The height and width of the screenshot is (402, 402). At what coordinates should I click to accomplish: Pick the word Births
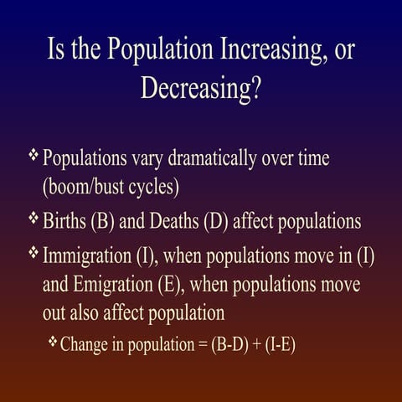click(x=68, y=221)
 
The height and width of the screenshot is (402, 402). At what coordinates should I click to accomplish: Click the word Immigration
click(x=92, y=255)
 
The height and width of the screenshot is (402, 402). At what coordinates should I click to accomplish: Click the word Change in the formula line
click(x=84, y=344)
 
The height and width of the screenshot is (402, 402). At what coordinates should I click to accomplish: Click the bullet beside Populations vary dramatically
click(x=33, y=156)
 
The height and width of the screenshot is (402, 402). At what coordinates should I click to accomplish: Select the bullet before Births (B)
click(x=33, y=219)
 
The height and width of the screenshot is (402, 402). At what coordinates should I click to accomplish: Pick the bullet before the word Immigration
click(x=33, y=253)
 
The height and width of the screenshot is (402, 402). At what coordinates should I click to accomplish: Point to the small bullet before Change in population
click(x=53, y=343)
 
